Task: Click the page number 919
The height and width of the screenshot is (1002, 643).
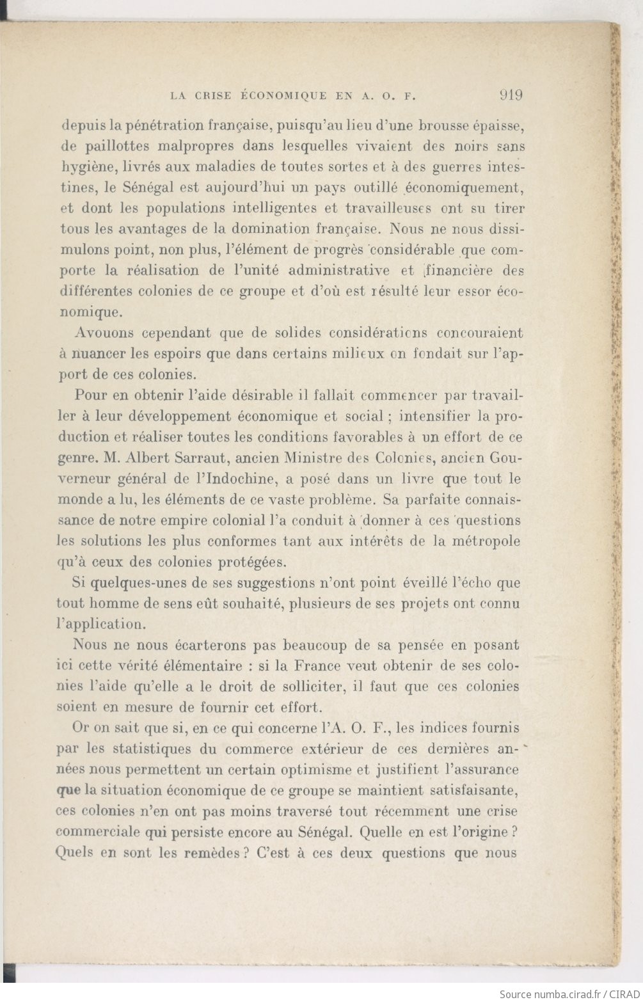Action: click(x=510, y=95)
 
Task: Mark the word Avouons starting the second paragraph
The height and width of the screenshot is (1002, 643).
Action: click(x=104, y=333)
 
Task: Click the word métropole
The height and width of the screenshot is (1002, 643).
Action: click(x=486, y=541)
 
